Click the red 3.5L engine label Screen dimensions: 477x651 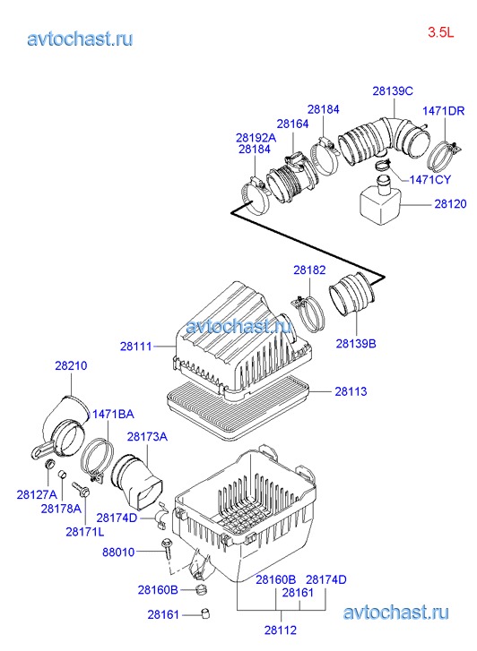(x=441, y=32)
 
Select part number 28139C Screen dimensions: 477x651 (x=393, y=91)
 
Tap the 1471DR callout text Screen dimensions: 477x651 (x=443, y=111)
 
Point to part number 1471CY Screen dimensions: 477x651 (x=430, y=180)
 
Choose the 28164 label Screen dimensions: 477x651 (x=293, y=124)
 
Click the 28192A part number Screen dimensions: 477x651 (x=256, y=137)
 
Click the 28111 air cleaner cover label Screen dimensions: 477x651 (x=136, y=347)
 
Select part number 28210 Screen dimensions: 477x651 (x=71, y=365)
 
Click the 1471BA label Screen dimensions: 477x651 (x=113, y=414)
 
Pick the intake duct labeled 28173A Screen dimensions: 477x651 (x=136, y=483)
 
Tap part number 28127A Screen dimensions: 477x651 (x=37, y=494)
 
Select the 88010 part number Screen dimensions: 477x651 (x=118, y=552)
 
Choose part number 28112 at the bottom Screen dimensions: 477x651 (x=281, y=630)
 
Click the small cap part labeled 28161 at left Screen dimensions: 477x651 (x=204, y=613)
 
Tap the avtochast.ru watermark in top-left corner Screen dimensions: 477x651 (x=80, y=39)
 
